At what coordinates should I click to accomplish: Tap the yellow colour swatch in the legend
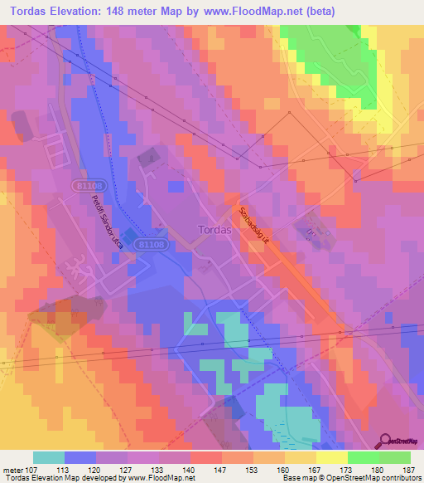pos(331,457)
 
